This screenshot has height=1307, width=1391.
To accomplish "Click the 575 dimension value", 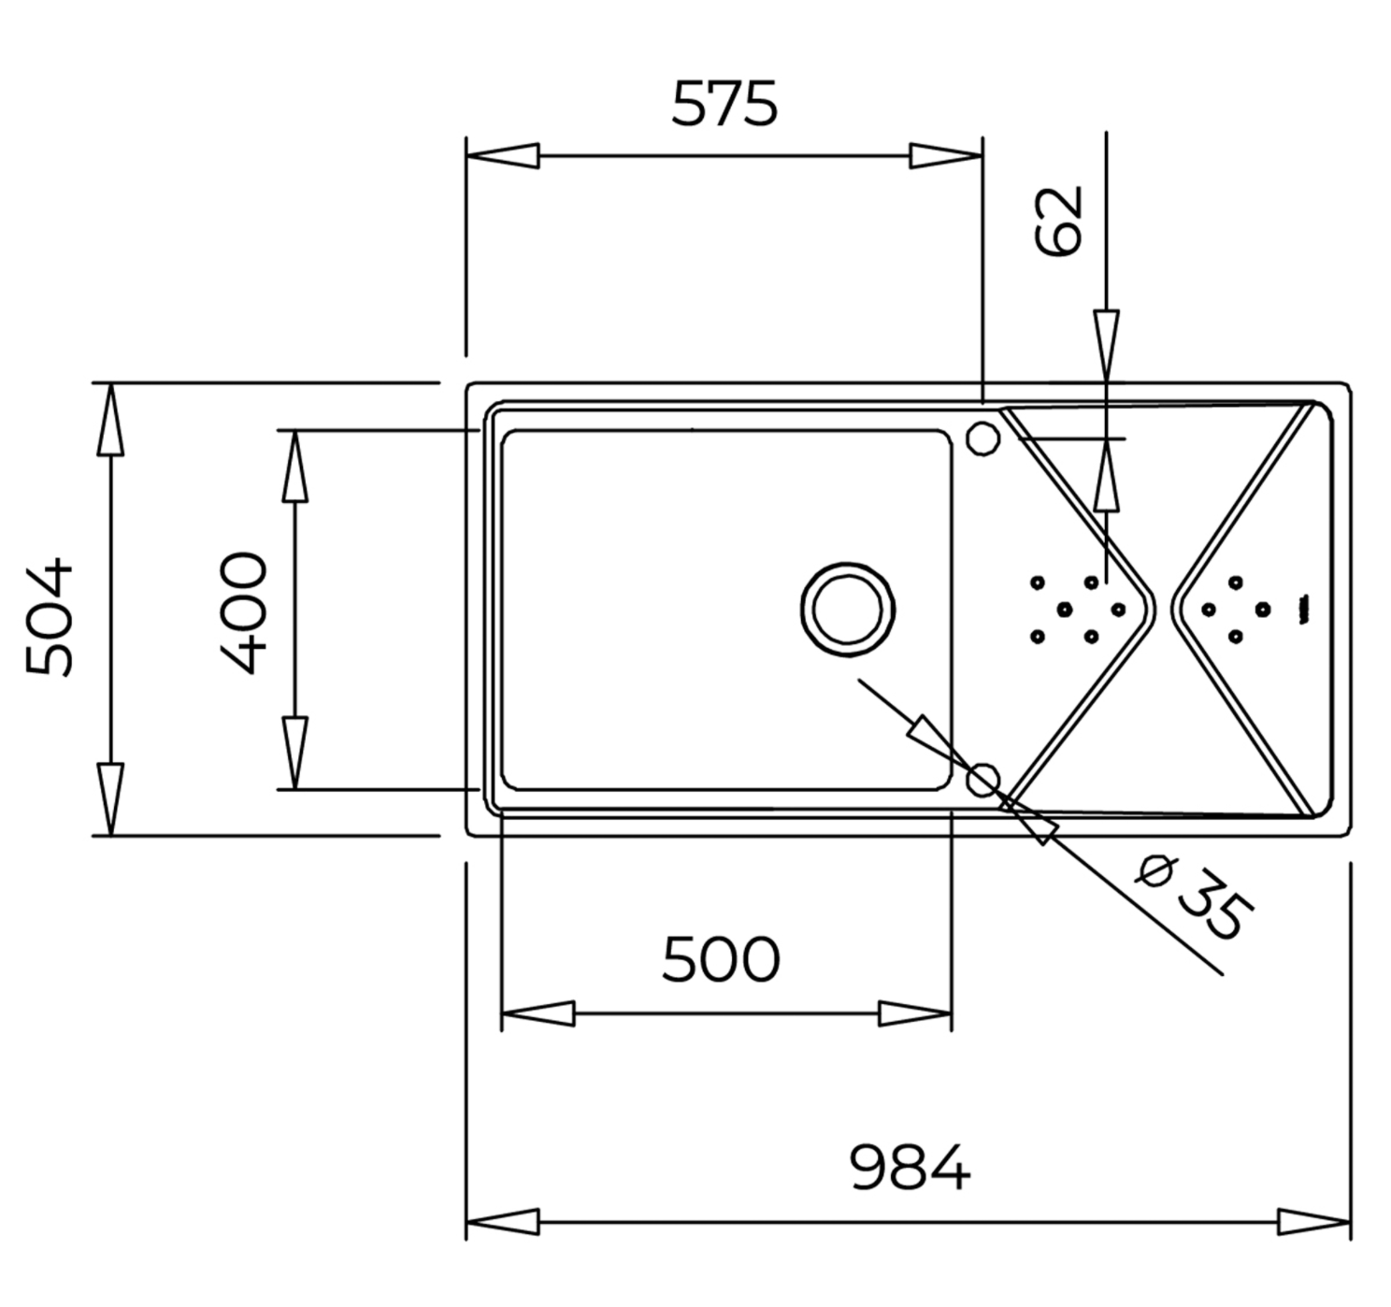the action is click(724, 104).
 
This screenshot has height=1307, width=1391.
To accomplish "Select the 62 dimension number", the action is click(1058, 222).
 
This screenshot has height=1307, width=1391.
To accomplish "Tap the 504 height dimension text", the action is click(49, 617).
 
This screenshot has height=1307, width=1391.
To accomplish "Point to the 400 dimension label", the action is click(243, 612).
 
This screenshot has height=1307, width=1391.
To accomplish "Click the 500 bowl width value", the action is click(721, 959).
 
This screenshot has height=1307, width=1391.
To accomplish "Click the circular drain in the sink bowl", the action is click(848, 610).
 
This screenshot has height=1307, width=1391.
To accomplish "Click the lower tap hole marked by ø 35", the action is click(982, 780).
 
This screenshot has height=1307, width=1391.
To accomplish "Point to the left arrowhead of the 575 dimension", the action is click(503, 155).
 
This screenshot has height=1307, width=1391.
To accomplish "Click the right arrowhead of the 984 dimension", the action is click(1314, 1242).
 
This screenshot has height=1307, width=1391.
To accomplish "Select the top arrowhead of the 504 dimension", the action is click(110, 420).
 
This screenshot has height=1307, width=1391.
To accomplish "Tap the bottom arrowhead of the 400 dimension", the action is click(294, 753).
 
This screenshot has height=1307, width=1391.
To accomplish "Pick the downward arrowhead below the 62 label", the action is click(1106, 347).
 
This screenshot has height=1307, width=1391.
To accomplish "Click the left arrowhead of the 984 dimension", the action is click(503, 1242).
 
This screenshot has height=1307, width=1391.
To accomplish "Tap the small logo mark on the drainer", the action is click(1304, 610).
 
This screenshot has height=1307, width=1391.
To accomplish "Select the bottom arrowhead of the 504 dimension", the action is click(110, 799).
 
